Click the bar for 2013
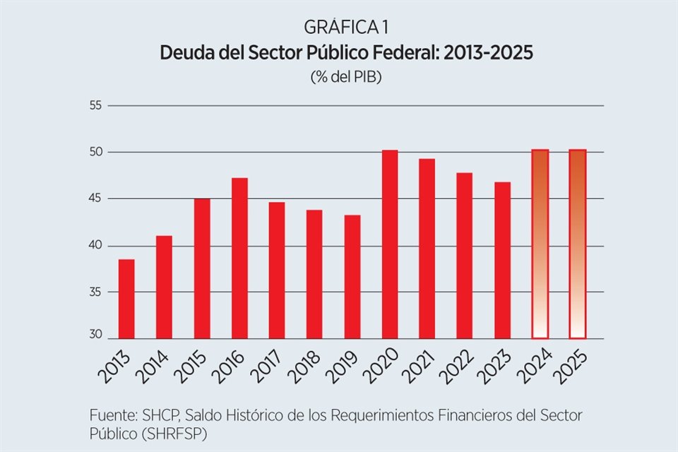(x=126, y=299)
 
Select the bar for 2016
(x=240, y=258)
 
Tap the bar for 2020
(x=390, y=244)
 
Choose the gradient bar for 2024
(x=540, y=244)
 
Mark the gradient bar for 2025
(x=578, y=244)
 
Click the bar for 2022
(x=465, y=256)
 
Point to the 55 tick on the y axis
(x=95, y=106)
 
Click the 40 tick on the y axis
(x=95, y=246)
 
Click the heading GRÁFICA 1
(x=346, y=28)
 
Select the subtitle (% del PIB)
(x=346, y=78)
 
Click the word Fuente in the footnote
(x=112, y=414)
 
